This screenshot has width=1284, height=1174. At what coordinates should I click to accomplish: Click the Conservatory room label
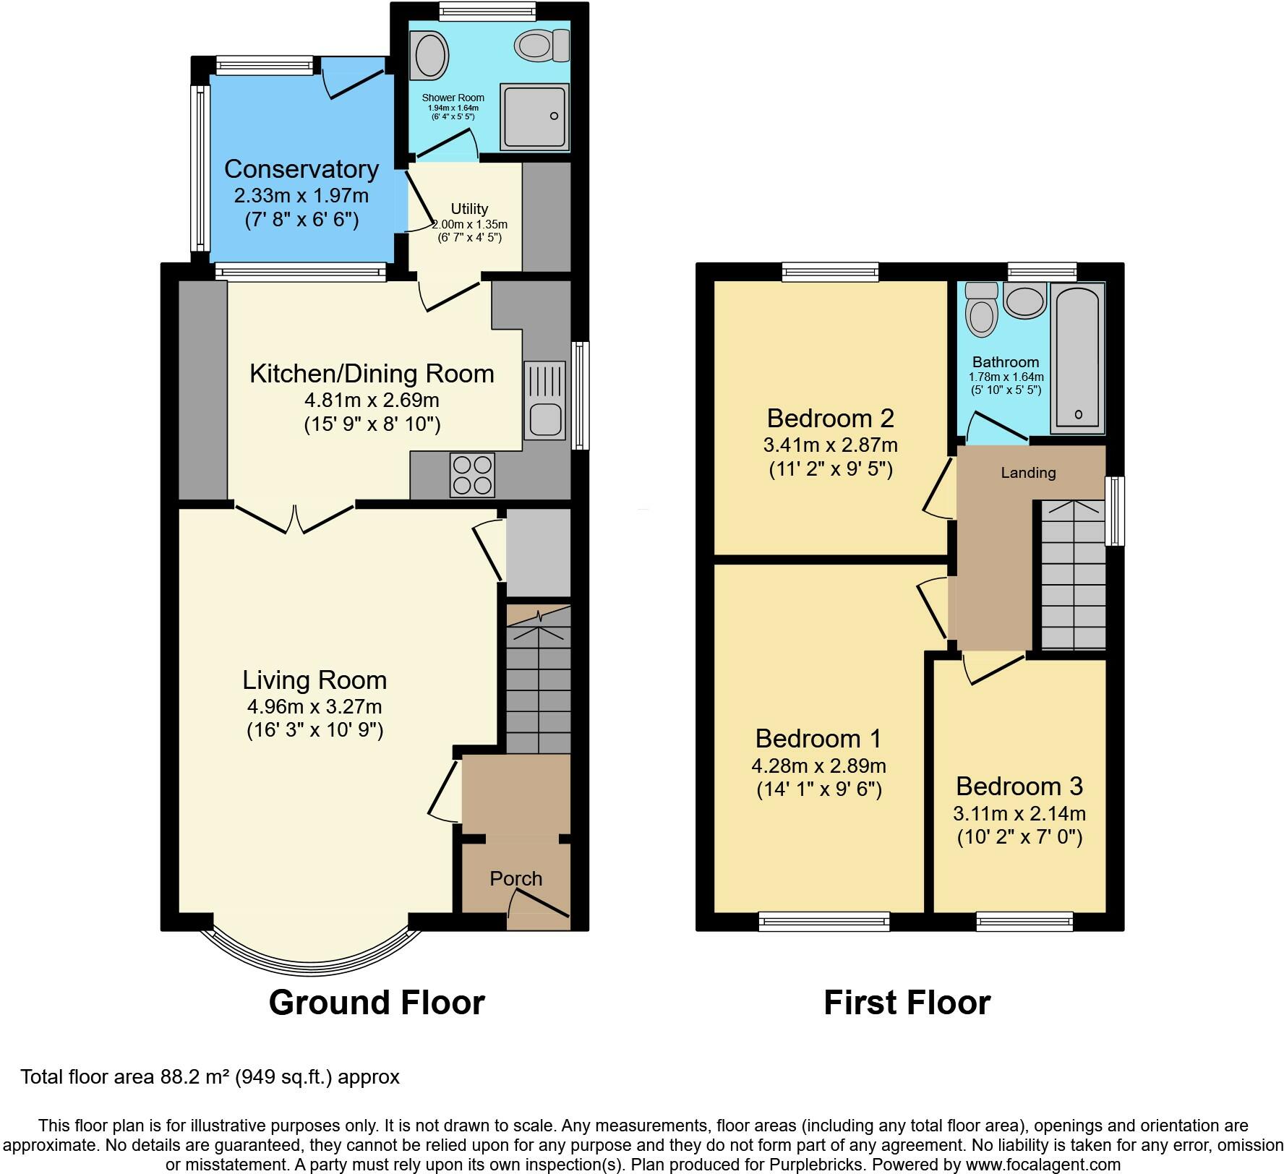pos(301,169)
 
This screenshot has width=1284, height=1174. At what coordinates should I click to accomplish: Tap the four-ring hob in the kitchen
pos(472,475)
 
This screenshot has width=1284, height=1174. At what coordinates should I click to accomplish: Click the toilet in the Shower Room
pos(542,47)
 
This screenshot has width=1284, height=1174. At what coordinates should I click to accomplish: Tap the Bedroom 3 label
pos(1019,786)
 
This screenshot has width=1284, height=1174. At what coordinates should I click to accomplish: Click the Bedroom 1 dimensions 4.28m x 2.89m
pos(819,766)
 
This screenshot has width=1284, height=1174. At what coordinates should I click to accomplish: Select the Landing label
pos(1028,473)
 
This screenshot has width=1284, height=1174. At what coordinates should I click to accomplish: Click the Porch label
pos(516,879)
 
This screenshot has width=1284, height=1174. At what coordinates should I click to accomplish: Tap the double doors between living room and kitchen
pos(294,518)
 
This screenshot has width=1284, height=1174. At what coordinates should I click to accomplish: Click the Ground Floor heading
pos(377,1003)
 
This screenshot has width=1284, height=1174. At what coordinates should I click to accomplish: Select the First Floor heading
pos(907,1003)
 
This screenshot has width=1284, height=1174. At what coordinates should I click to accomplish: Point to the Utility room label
pos(470,209)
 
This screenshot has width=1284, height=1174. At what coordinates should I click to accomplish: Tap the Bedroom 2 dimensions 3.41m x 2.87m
pos(831,445)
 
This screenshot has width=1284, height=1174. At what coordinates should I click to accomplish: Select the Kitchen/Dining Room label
pos(372,374)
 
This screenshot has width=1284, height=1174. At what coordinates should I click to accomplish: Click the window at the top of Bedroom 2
pos(831,272)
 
